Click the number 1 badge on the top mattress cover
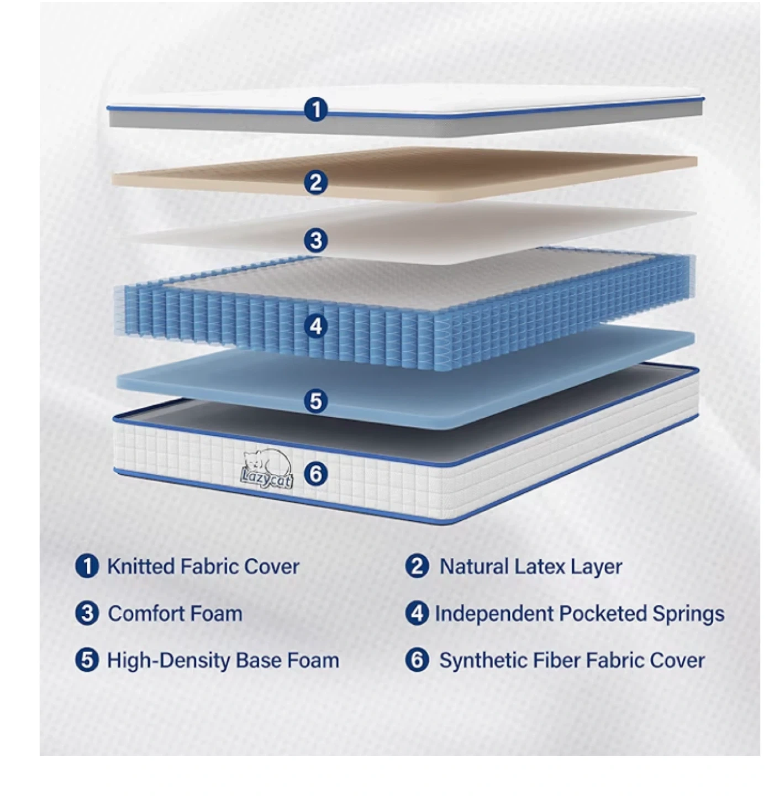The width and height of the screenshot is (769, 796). point(315,109)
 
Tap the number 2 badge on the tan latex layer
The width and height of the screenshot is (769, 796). point(315,182)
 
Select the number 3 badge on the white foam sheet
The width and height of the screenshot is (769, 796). point(315,240)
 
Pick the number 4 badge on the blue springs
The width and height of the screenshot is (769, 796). point(315,327)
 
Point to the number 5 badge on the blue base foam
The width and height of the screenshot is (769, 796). point(315,400)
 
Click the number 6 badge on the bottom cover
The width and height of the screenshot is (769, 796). point(315,474)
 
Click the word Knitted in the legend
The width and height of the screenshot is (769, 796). point(141,567)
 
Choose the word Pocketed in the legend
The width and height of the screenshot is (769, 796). point(603,614)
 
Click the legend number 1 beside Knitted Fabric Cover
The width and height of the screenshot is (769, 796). point(87,566)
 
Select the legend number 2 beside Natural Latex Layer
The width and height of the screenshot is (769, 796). point(417,566)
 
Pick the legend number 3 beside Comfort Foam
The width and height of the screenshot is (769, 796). point(87,613)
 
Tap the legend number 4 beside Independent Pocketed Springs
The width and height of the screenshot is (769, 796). point(417,613)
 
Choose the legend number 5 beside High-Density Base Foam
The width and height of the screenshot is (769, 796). point(87,660)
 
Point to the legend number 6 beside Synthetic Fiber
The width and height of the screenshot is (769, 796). point(417,660)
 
